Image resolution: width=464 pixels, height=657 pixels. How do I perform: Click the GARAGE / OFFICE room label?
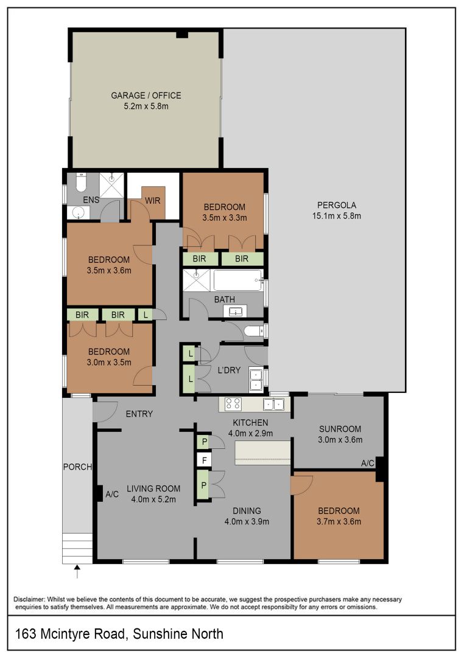[x=146, y=96]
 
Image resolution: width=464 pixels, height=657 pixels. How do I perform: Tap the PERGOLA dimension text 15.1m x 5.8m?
[x=337, y=216]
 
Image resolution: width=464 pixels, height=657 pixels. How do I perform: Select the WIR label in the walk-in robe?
[x=153, y=201]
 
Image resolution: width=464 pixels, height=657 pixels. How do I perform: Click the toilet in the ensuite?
[x=80, y=182]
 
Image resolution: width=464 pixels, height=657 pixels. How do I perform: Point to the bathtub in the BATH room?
[x=238, y=280]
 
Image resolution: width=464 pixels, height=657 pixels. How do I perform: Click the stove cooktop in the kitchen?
[x=233, y=404]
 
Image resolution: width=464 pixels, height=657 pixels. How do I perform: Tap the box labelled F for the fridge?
[x=205, y=461]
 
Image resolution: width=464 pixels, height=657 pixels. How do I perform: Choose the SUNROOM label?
[x=340, y=429]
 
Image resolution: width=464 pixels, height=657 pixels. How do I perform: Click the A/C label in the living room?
[x=112, y=495]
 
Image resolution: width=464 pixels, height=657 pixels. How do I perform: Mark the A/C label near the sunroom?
[x=368, y=463]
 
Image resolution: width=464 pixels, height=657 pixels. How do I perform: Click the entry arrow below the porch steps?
[x=77, y=571]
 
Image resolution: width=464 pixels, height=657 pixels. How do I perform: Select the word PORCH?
[x=77, y=467]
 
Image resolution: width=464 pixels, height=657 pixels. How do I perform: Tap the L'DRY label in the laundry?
[x=229, y=370]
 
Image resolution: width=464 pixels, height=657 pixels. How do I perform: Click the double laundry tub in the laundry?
[x=255, y=379]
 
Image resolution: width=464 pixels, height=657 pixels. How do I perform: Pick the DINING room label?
[x=247, y=511]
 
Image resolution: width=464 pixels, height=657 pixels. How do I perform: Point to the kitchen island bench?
[x=262, y=453]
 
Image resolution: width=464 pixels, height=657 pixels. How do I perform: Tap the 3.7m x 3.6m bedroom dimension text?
[x=339, y=522]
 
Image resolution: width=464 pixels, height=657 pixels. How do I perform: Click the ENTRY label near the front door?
[x=139, y=414]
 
